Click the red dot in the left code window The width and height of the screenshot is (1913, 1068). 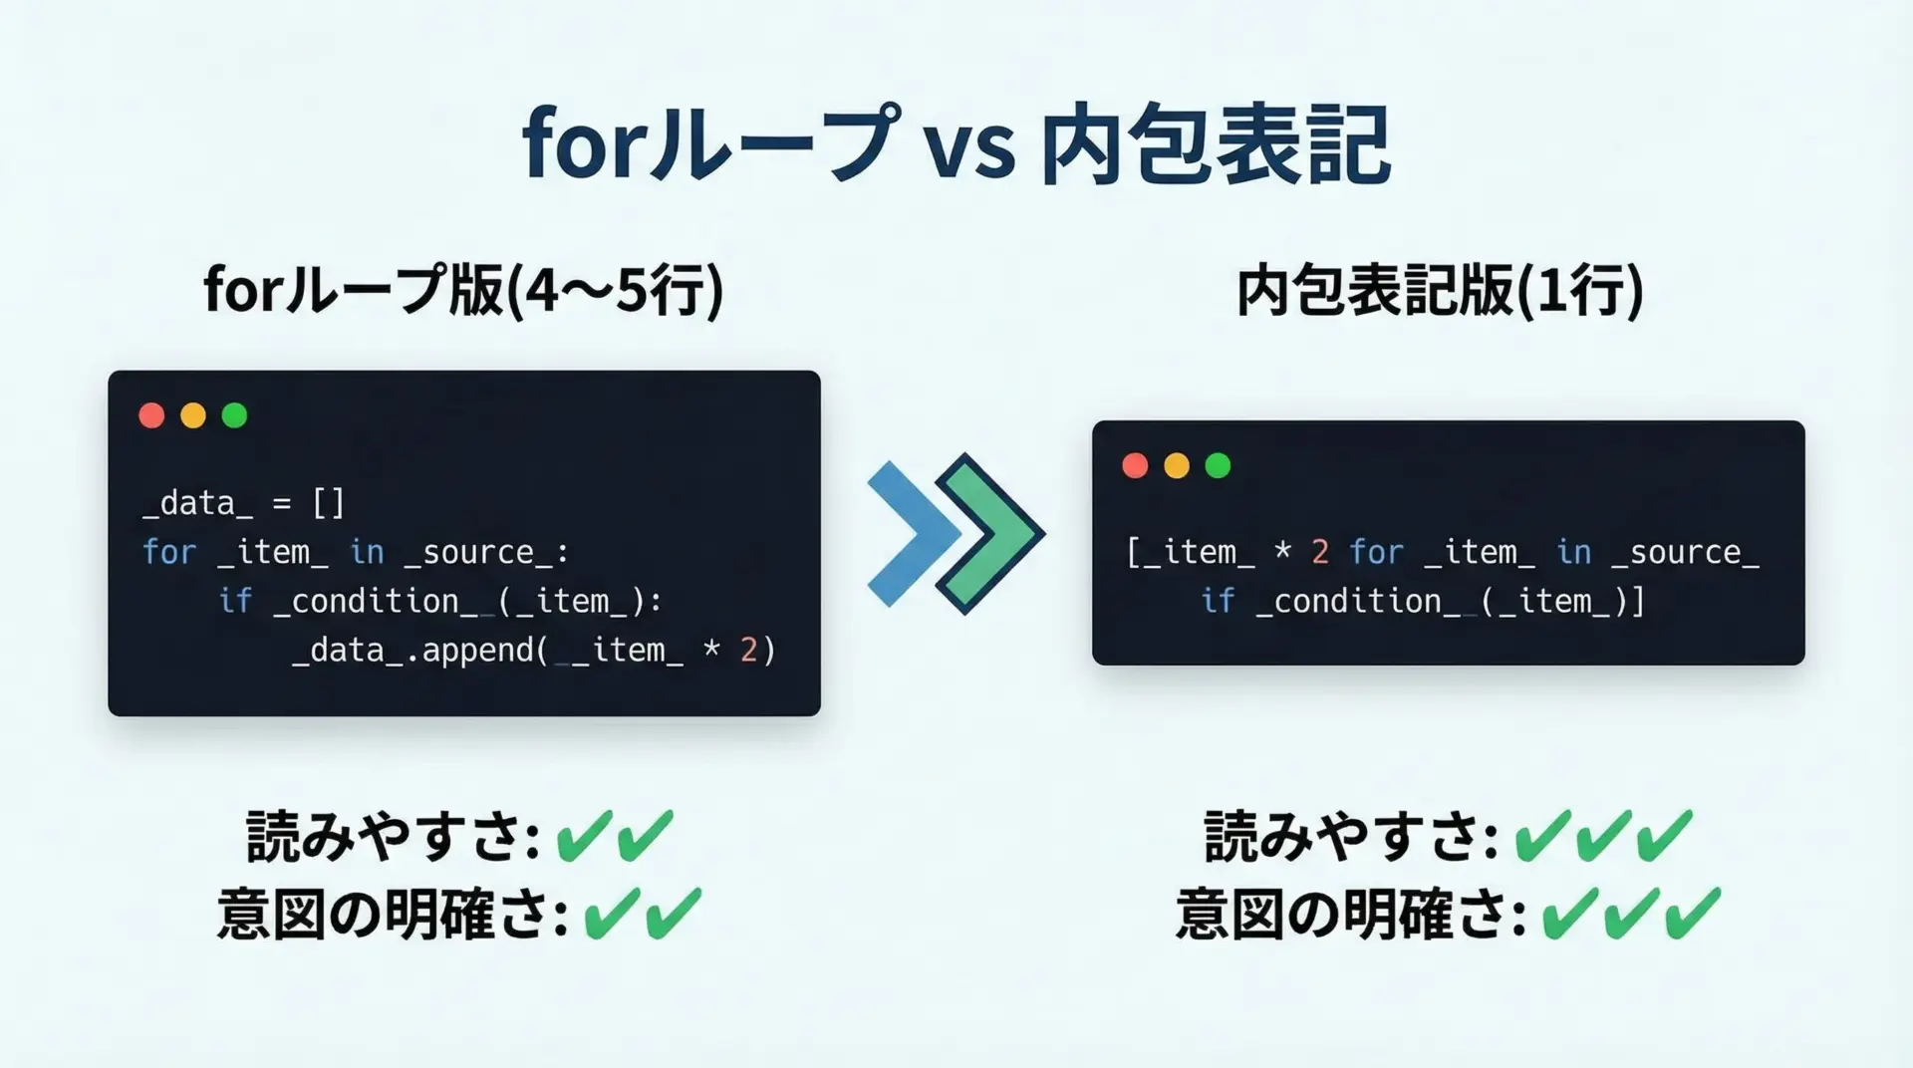click(151, 415)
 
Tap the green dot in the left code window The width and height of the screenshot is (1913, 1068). click(234, 415)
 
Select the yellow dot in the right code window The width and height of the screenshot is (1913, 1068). click(1177, 465)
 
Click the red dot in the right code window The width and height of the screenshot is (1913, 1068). click(1135, 465)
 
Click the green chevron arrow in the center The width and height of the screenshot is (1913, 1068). click(989, 534)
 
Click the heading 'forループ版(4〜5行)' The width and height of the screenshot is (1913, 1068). click(463, 291)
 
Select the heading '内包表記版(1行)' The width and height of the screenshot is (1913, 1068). click(1440, 291)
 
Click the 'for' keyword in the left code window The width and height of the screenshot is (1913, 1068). click(169, 552)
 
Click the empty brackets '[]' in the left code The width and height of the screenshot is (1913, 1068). click(329, 503)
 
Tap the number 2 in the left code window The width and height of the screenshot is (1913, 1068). click(748, 651)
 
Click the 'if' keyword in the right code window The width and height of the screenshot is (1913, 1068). click(1218, 601)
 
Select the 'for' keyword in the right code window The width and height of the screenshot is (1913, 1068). click(1376, 552)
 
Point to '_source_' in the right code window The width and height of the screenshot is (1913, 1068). click(1685, 553)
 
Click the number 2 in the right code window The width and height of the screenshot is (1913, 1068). click(1320, 552)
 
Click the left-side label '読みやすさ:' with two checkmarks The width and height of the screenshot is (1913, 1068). click(393, 836)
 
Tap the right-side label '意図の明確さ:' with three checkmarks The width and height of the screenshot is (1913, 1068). click(1351, 914)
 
